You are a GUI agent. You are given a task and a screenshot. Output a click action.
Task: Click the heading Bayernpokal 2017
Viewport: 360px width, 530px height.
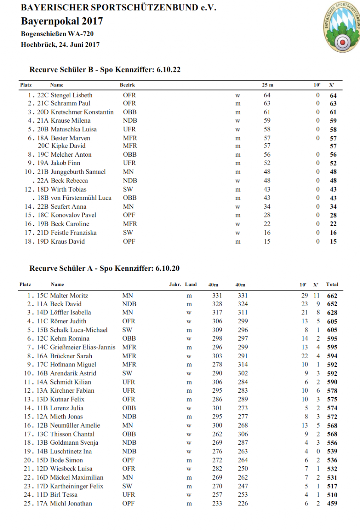(62, 21)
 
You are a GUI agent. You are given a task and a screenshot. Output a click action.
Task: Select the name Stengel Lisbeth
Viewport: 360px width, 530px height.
(71, 95)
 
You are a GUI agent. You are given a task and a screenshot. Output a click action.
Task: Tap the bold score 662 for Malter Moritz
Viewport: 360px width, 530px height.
(332, 296)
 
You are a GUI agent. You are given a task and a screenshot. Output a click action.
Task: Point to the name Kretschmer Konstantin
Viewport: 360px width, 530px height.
(82, 112)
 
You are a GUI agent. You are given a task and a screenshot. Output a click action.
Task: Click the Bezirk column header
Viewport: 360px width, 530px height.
(127, 85)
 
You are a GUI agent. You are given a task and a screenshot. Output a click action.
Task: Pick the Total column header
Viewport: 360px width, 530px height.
(332, 285)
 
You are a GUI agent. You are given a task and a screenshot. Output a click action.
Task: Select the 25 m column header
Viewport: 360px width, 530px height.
(267, 85)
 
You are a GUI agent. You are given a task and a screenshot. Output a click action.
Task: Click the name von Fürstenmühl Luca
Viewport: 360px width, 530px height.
(81, 198)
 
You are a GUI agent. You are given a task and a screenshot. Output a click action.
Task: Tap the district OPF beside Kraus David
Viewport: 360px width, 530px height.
(129, 242)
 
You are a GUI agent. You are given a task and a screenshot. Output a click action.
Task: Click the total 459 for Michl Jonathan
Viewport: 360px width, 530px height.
(332, 504)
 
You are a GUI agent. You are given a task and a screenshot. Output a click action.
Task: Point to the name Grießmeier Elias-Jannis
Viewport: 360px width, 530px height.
(83, 347)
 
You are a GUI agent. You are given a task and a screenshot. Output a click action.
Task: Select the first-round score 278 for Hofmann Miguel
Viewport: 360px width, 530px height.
(217, 365)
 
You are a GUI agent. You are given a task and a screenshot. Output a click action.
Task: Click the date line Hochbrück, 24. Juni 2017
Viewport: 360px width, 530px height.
(60, 44)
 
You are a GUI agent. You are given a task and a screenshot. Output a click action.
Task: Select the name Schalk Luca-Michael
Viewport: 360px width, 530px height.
(79, 330)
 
